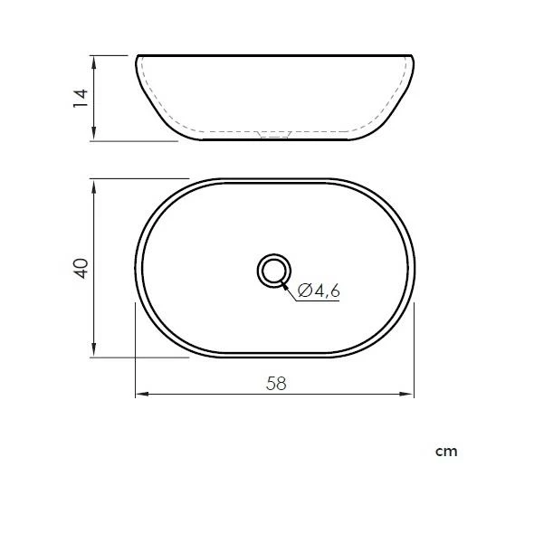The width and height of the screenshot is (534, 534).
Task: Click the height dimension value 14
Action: pyautogui.click(x=81, y=99)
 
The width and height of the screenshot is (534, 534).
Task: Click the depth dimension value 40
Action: pyautogui.click(x=81, y=269)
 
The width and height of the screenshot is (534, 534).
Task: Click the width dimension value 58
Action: pyautogui.click(x=276, y=384)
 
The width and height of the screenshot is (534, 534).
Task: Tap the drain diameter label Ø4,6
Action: pyautogui.click(x=319, y=291)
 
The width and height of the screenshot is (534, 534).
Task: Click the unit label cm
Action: pyautogui.click(x=446, y=452)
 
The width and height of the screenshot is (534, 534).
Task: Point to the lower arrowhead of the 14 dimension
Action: pyautogui.click(x=94, y=133)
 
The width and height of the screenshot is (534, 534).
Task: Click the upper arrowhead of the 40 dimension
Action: pyautogui.click(x=94, y=186)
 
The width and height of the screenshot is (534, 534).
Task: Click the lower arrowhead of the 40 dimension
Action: pyautogui.click(x=94, y=350)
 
